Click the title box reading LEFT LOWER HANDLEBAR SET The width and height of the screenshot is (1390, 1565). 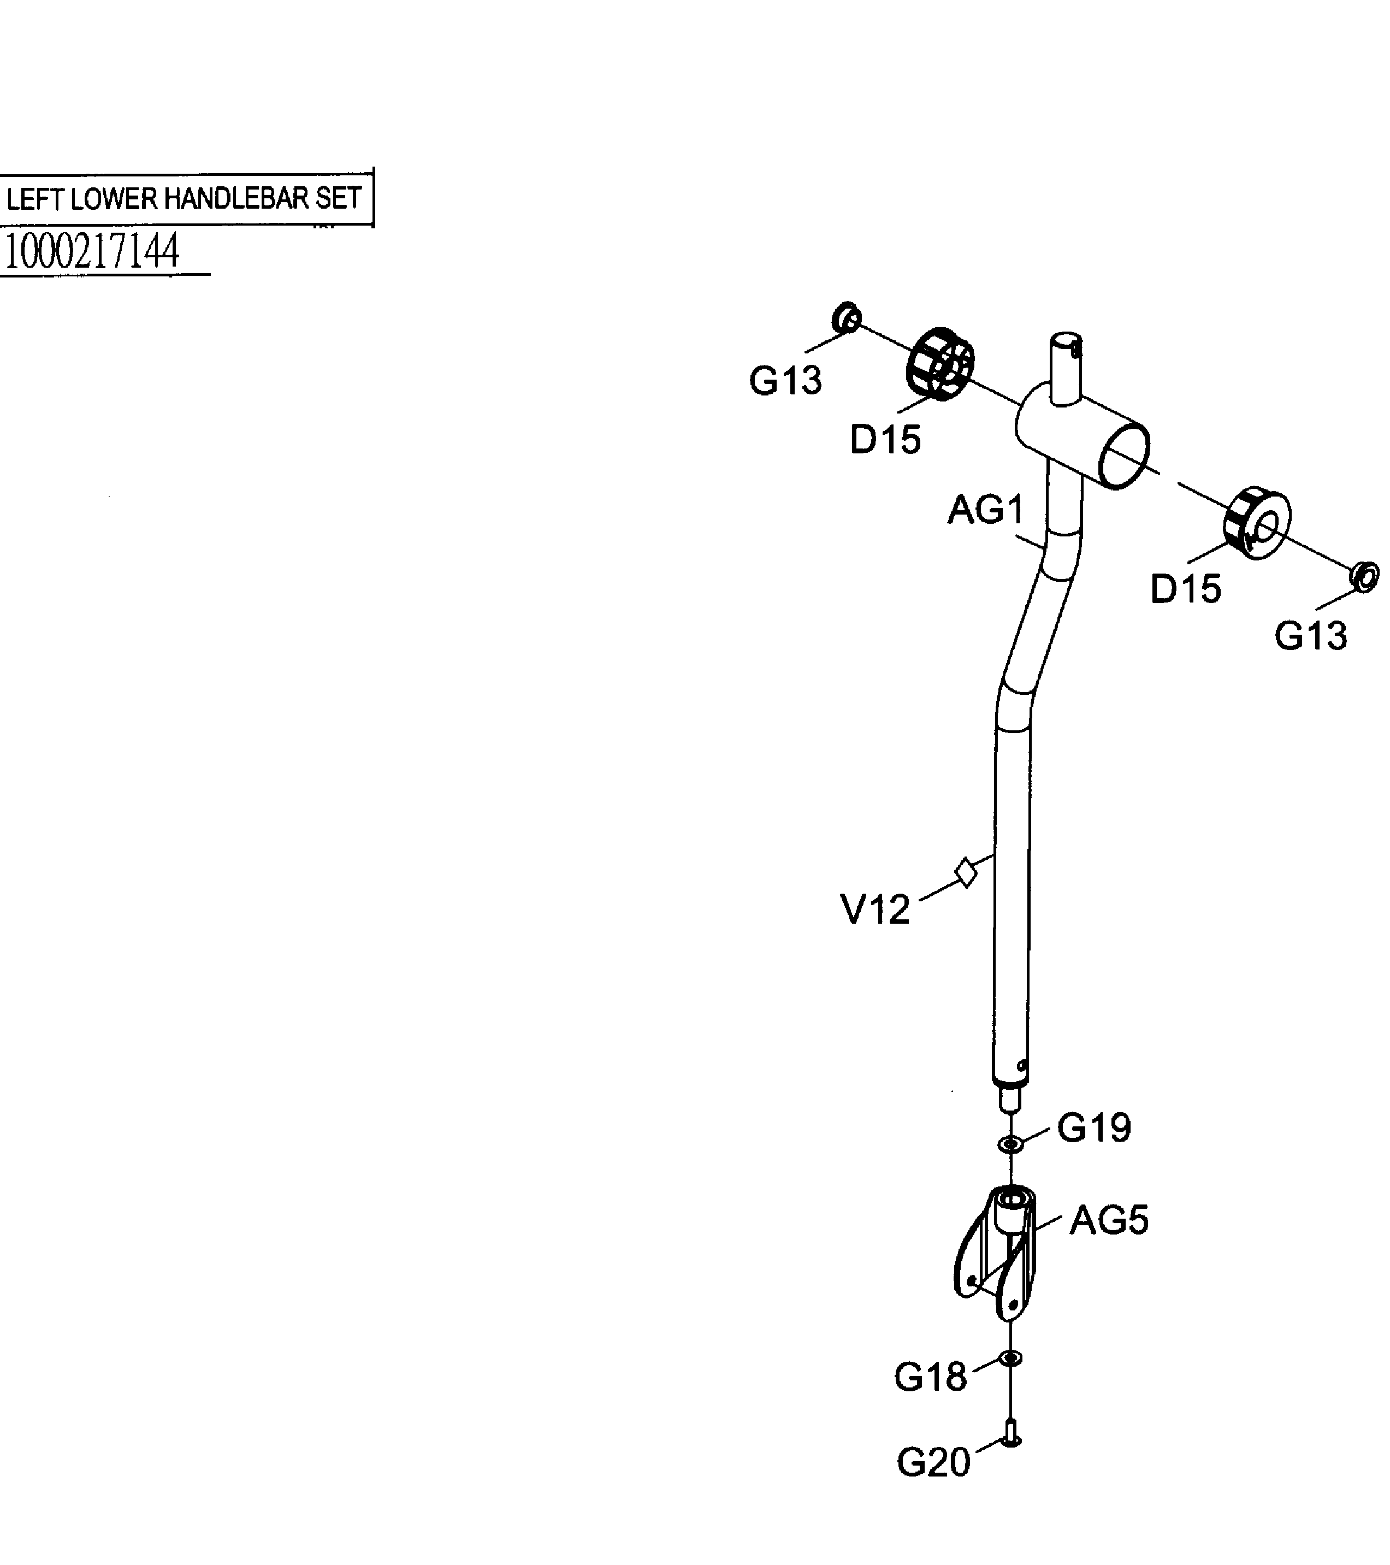(x=184, y=199)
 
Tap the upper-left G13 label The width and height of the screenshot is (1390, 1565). (x=785, y=381)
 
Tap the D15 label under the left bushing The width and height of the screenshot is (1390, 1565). (x=885, y=440)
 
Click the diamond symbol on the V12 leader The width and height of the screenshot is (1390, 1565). (x=966, y=872)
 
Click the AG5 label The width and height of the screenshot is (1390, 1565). (x=1108, y=1220)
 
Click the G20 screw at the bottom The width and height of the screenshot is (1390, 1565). (x=1010, y=1432)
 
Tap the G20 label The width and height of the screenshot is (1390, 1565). (x=933, y=1463)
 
